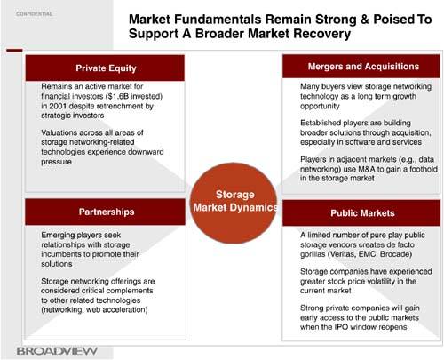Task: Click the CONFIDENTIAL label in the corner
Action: [34, 13]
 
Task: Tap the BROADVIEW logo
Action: [57, 351]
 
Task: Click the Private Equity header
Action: [105, 68]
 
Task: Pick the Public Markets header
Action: [361, 213]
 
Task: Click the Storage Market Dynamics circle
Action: [234, 203]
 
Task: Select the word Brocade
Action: [396, 254]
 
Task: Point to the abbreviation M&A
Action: [367, 169]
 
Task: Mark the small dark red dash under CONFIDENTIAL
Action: [14, 51]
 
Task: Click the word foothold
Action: [424, 169]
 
